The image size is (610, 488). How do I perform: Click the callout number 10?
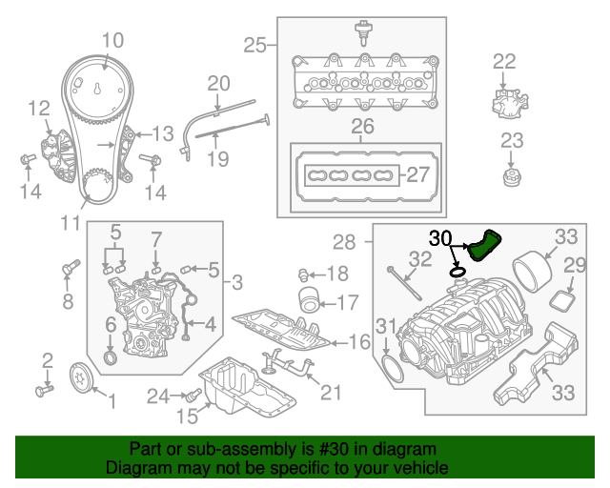[x=112, y=41]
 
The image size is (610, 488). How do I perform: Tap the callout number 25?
[x=254, y=44]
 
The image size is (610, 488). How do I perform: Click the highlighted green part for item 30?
[x=484, y=246]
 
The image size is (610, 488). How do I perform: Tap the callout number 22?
[x=504, y=62]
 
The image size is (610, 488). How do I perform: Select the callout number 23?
[x=513, y=141]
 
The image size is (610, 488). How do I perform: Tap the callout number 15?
[x=187, y=416]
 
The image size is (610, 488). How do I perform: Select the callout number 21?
[x=331, y=391]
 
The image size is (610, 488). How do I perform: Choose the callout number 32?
[x=420, y=258]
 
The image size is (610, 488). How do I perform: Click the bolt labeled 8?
[x=68, y=271]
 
